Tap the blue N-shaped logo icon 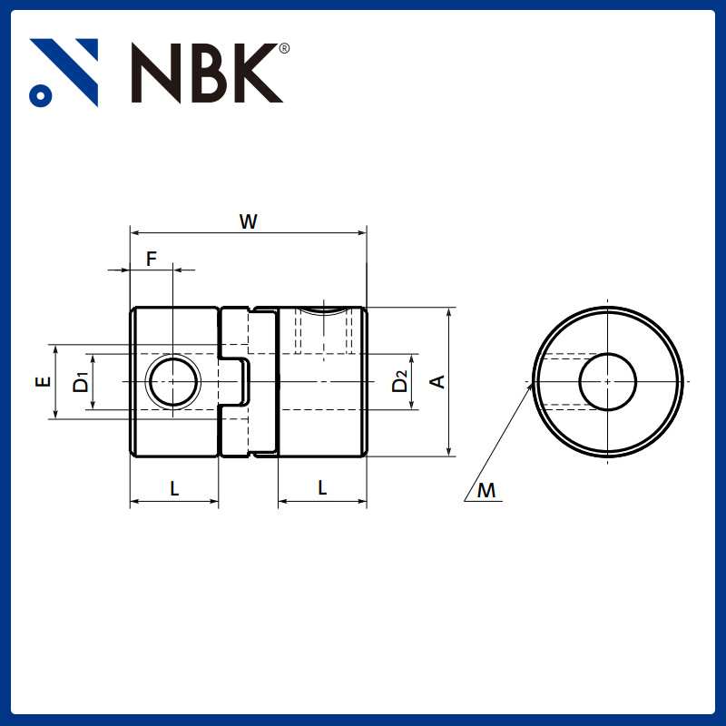[64, 72]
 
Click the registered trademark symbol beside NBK [285, 49]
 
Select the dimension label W [248, 221]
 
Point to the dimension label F [152, 259]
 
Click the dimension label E [43, 382]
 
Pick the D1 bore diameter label [82, 382]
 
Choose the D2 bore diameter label [400, 382]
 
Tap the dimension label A [437, 382]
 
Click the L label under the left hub [175, 488]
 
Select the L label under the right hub [322, 488]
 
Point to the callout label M [487, 491]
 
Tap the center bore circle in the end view [607, 381]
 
